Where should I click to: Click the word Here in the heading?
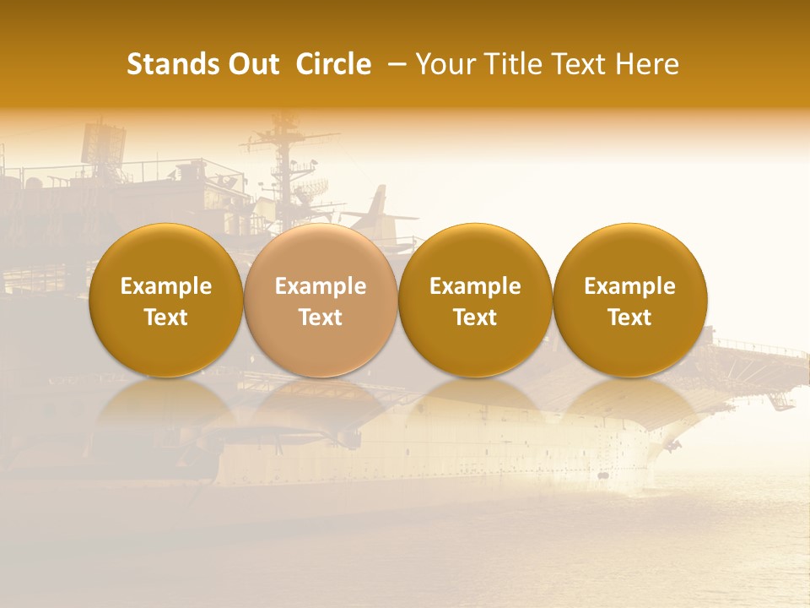tap(647, 64)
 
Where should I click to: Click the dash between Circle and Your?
tap(392, 64)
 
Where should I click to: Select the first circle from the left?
tap(166, 253)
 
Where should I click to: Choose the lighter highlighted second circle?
tap(321, 253)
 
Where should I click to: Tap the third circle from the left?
tap(475, 253)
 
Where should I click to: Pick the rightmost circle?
tap(630, 253)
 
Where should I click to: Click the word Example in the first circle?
tap(166, 286)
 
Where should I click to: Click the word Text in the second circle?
tap(321, 318)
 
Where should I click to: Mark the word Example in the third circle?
tap(475, 286)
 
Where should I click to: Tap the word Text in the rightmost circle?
tap(630, 318)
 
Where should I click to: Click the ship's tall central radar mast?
tap(284, 160)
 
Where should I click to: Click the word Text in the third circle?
tap(475, 318)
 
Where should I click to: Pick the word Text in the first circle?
tap(166, 318)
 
